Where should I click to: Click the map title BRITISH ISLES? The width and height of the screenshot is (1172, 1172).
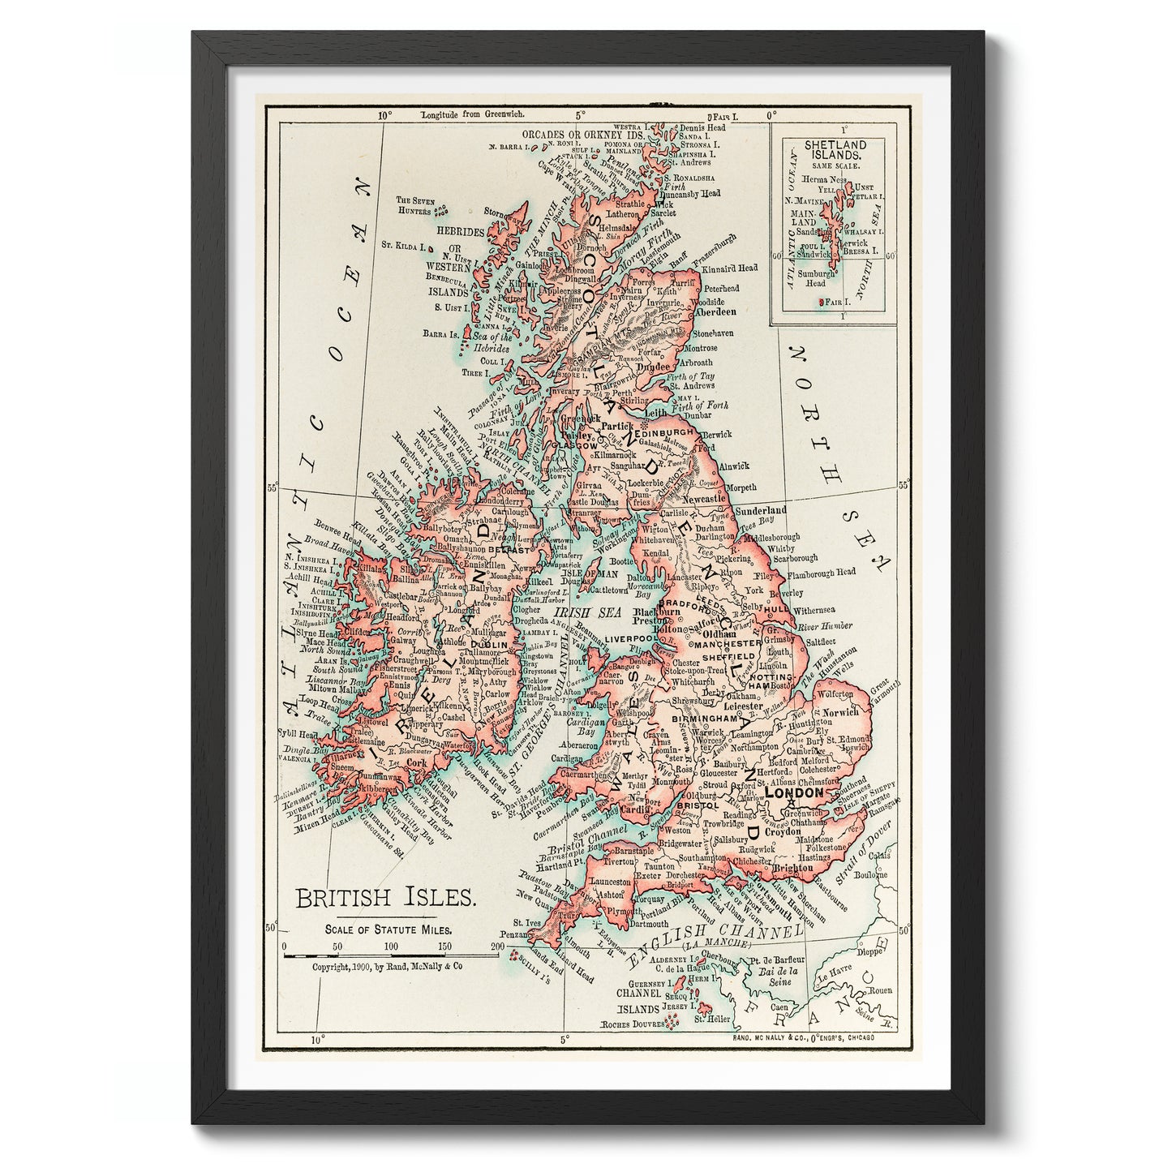pos(384,898)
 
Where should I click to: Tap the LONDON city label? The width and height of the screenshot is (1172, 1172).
pos(794,792)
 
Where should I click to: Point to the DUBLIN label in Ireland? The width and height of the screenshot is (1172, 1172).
pos(488,645)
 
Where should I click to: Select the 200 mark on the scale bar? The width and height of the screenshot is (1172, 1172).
pos(497,947)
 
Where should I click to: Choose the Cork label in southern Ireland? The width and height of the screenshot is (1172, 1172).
pos(416,762)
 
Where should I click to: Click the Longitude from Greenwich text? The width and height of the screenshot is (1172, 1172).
pos(462,115)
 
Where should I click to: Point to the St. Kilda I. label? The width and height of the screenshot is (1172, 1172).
pos(404,243)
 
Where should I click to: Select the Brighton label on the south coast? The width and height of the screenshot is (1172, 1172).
pos(792,868)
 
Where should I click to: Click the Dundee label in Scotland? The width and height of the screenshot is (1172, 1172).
pos(651,367)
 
